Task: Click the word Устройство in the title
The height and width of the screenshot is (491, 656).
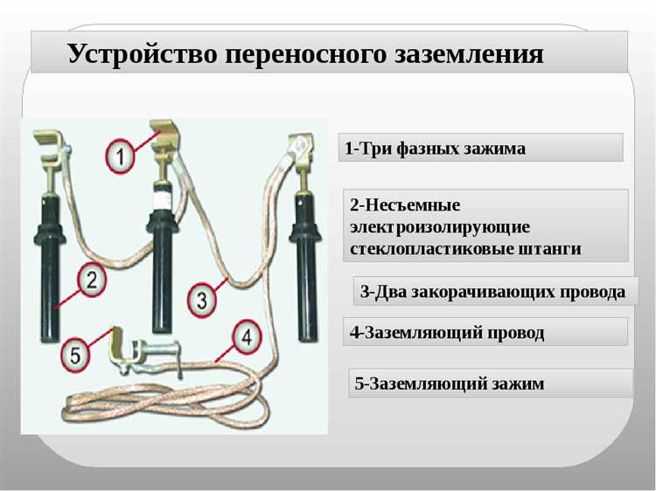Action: click(139, 54)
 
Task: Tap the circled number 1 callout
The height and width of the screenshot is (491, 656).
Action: click(122, 157)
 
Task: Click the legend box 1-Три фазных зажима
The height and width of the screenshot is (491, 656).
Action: click(480, 149)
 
